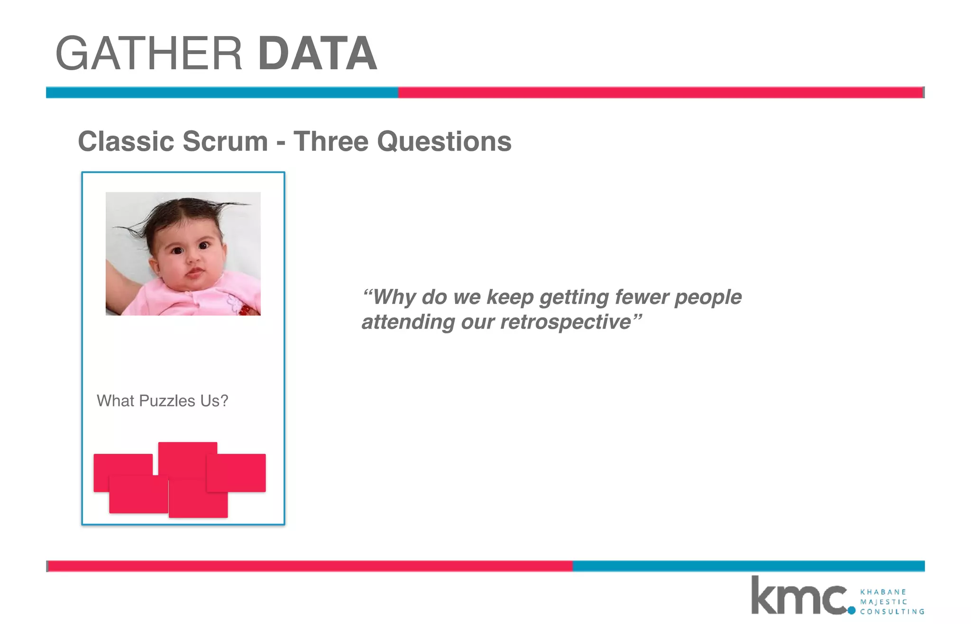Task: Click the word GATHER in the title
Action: (x=149, y=54)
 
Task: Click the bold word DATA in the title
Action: (x=318, y=54)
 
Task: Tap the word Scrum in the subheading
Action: (x=225, y=141)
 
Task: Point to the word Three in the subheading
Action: (x=331, y=141)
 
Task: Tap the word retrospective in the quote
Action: (x=566, y=322)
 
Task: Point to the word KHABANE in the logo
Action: (x=883, y=592)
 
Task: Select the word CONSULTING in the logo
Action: (x=892, y=612)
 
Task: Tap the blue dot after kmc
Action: (x=852, y=611)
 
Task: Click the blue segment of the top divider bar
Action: (x=222, y=92)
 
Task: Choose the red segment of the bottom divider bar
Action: (x=311, y=566)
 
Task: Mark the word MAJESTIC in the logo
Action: (x=884, y=602)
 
